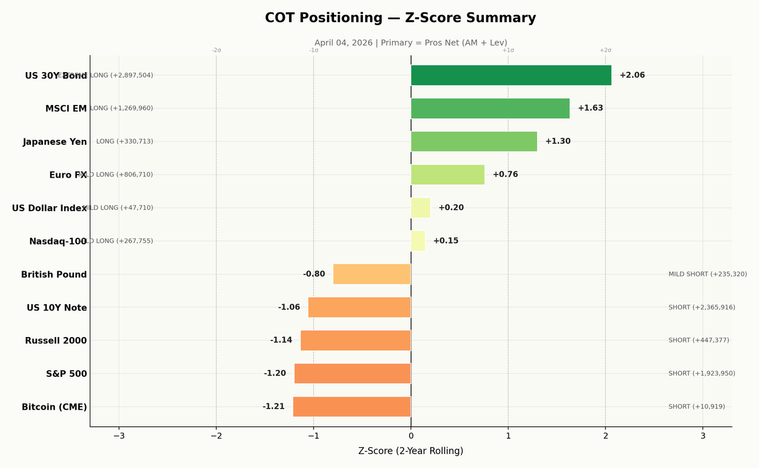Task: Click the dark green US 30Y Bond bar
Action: (x=511, y=75)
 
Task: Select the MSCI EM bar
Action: (x=490, y=108)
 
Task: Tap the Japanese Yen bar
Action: (x=474, y=142)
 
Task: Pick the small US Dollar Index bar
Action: (x=421, y=208)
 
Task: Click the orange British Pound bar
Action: (x=372, y=274)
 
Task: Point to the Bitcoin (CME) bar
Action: (x=352, y=407)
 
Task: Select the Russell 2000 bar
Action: (x=355, y=340)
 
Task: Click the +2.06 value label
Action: (x=632, y=75)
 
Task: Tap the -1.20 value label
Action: (x=275, y=374)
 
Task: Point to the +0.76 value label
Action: (x=505, y=175)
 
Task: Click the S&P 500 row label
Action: (x=66, y=374)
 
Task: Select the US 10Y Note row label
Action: (x=57, y=308)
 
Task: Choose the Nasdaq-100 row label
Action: (x=58, y=242)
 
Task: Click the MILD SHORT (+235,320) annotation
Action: (x=707, y=274)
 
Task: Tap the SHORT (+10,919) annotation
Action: (x=696, y=407)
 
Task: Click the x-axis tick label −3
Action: (x=119, y=435)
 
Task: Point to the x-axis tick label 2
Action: (x=605, y=435)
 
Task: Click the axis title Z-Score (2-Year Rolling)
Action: (x=410, y=451)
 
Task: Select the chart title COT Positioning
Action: (x=400, y=18)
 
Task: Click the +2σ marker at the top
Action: (x=605, y=51)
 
